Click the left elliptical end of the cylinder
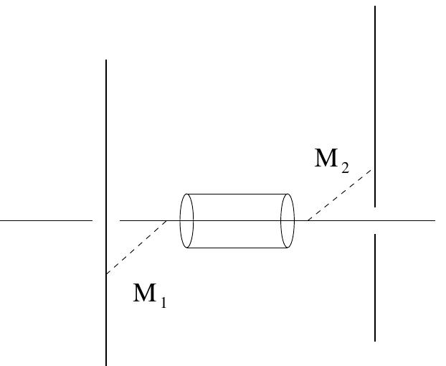[x=186, y=220]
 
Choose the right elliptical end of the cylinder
[x=288, y=220]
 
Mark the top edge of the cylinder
[x=237, y=194]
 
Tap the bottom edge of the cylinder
[x=237, y=248]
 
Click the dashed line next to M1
[x=136, y=248]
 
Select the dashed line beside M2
[x=341, y=194]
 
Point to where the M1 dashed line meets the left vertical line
[x=107, y=274]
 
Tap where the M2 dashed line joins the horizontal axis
[x=306, y=220]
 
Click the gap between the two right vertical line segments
[x=374, y=220]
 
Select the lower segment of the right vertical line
[x=374, y=287]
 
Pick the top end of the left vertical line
[x=106, y=60]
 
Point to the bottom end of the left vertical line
[x=107, y=364]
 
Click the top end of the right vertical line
[x=374, y=6]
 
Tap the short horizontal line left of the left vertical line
[x=47, y=220]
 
